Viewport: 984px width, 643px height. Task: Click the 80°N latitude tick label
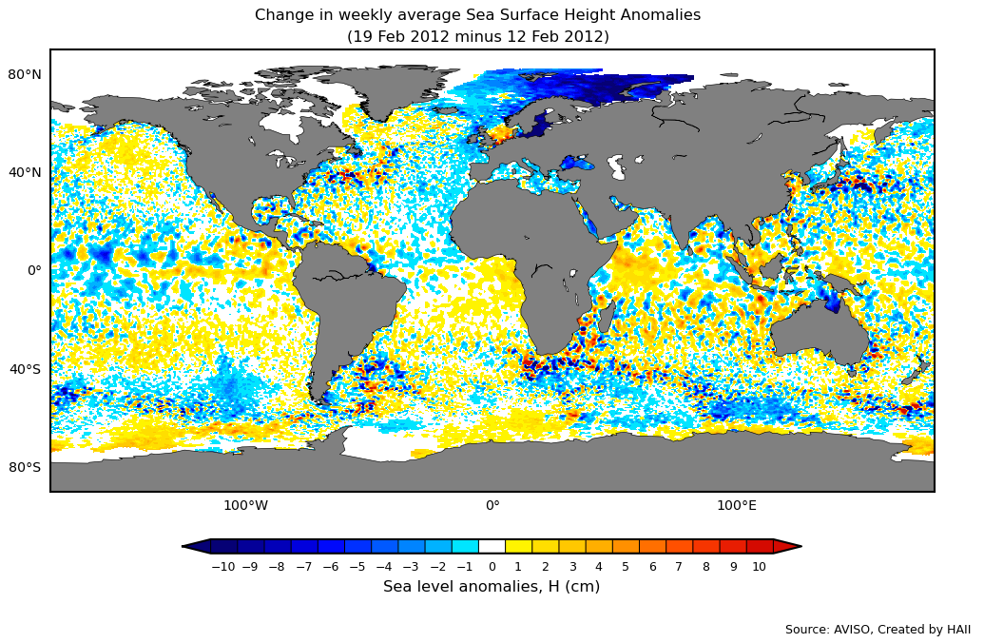(x=25, y=74)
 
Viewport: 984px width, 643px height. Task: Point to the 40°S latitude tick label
(x=25, y=369)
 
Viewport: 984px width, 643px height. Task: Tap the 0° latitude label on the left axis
(x=33, y=270)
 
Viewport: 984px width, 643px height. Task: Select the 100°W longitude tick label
(x=245, y=505)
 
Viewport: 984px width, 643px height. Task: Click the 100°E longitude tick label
(x=737, y=505)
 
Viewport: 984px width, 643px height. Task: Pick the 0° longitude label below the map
(x=492, y=505)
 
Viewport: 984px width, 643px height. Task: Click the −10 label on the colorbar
(x=222, y=567)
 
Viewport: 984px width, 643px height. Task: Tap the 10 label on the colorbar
(x=759, y=567)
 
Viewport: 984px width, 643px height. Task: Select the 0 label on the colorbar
(x=492, y=567)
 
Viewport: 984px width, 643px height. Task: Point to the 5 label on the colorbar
(x=626, y=567)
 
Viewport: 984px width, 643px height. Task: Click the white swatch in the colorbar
(x=492, y=546)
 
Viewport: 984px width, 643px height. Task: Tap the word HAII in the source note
(x=956, y=630)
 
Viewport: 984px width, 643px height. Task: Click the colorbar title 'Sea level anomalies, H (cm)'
(x=492, y=587)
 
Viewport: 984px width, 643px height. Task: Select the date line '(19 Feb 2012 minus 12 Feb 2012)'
(x=477, y=37)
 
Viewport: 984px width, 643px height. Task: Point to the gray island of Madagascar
(x=606, y=315)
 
